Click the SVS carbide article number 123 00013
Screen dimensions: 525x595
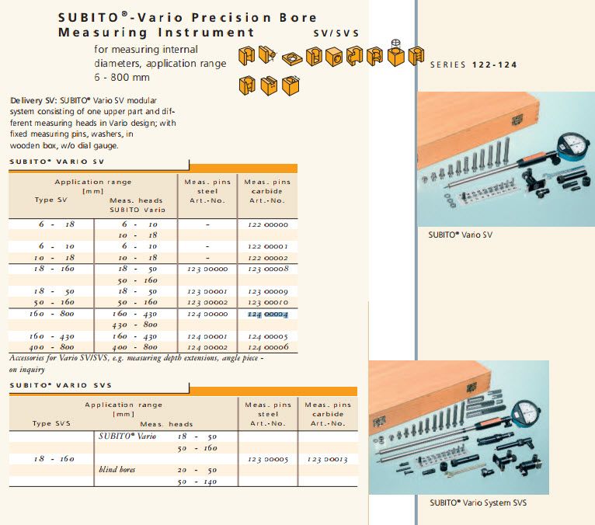[327, 459]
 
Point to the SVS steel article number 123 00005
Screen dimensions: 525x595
[266, 459]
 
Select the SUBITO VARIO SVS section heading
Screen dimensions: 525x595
[61, 385]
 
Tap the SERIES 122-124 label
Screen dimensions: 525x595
[473, 65]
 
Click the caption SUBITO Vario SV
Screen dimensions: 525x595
[461, 235]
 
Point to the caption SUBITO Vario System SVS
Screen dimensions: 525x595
[478, 503]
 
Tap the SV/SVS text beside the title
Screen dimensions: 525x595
[336, 34]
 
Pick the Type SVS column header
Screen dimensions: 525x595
[52, 423]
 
